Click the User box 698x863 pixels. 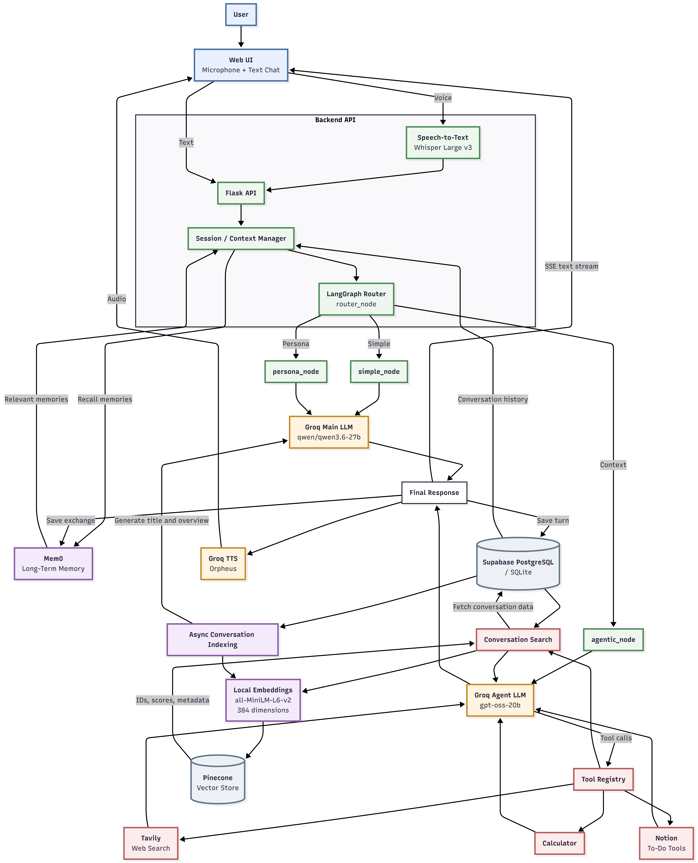pyautogui.click(x=241, y=14)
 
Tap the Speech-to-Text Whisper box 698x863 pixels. pyautogui.click(x=443, y=143)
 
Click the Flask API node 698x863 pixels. pyautogui.click(x=241, y=193)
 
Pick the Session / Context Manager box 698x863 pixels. pyautogui.click(x=241, y=238)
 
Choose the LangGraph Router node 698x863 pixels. pyautogui.click(x=356, y=299)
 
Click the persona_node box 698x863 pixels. pyautogui.click(x=296, y=371)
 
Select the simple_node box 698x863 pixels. pyautogui.click(x=379, y=371)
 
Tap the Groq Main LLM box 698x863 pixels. pyautogui.click(x=329, y=432)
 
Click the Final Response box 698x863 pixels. pyautogui.click(x=434, y=492)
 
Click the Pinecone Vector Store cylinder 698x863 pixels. pyautogui.click(x=217, y=779)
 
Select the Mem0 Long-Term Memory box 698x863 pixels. pyautogui.click(x=53, y=563)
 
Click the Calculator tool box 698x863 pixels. pyautogui.click(x=559, y=843)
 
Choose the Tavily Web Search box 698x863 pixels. pyautogui.click(x=151, y=843)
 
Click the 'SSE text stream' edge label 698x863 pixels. pyautogui.click(x=571, y=266)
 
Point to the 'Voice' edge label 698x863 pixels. pyautogui.click(x=443, y=98)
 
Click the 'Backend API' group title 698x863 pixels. pyautogui.click(x=335, y=120)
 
